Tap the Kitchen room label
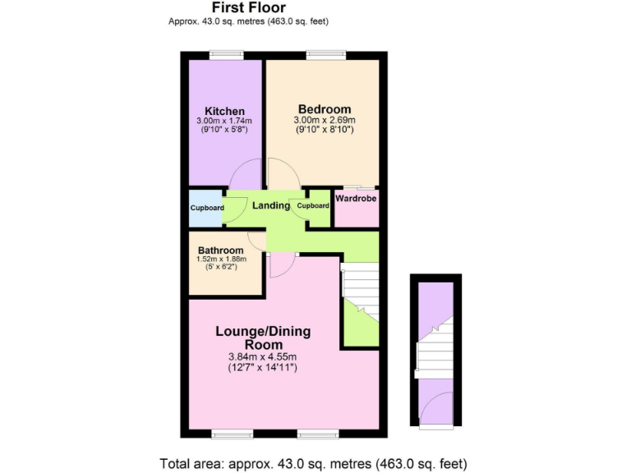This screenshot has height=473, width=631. [x=224, y=112]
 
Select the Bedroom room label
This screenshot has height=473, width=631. [x=325, y=109]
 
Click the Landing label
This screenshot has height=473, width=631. [x=270, y=205]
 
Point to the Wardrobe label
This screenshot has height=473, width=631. [x=356, y=197]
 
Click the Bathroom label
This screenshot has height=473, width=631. [x=220, y=250]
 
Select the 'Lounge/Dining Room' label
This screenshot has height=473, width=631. [x=263, y=338]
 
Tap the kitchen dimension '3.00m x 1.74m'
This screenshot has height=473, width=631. [x=224, y=122]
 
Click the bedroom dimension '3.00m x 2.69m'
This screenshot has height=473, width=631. [x=325, y=120]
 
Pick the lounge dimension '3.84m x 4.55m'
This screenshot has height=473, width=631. [x=263, y=357]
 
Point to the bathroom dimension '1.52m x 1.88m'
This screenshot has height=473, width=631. [x=220, y=259]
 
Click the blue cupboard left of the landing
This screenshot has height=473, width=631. [x=205, y=208]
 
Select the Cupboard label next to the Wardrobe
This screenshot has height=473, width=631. [x=313, y=205]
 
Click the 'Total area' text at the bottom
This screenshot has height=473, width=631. [x=316, y=462]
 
